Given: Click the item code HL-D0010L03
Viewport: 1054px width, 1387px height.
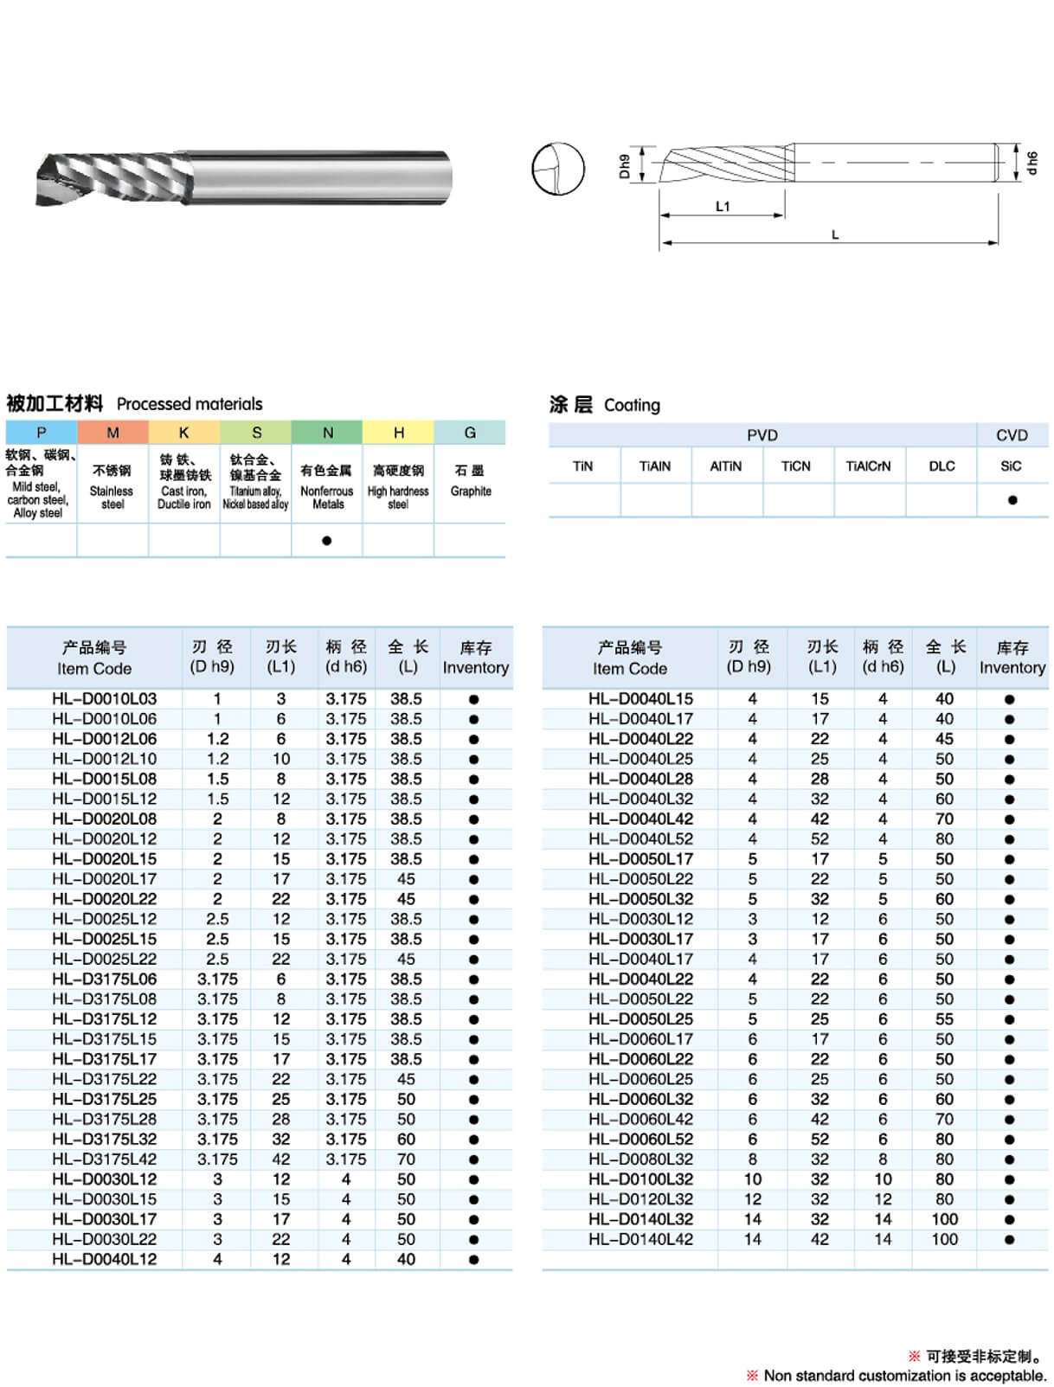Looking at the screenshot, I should click(104, 698).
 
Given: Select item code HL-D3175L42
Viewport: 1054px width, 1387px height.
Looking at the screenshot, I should click(104, 1159).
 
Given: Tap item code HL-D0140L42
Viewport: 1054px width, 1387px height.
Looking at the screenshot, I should click(640, 1239).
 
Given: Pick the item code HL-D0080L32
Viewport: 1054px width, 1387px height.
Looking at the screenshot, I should click(640, 1159).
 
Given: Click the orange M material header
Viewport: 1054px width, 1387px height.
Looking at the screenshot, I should click(112, 432).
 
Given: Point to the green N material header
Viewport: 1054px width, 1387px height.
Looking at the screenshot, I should click(327, 432).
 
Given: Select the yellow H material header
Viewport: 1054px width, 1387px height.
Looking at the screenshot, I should click(398, 432).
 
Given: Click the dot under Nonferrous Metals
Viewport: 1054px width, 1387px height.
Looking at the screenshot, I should click(326, 541).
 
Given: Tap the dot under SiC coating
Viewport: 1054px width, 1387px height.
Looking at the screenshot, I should click(1012, 500).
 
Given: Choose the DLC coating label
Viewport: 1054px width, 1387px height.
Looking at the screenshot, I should click(942, 466).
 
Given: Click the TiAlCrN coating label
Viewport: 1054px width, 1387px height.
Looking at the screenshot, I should click(868, 466).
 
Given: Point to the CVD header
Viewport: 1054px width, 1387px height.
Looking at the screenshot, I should click(1012, 435).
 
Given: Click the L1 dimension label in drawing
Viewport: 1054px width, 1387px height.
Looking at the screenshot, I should click(723, 207).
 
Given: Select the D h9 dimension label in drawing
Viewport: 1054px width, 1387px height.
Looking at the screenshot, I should click(625, 165).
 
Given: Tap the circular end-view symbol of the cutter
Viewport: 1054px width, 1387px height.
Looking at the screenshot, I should click(557, 169).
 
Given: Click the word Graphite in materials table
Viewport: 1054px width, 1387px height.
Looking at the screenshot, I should click(470, 491).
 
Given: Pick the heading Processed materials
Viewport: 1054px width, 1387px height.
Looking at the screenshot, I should click(189, 404).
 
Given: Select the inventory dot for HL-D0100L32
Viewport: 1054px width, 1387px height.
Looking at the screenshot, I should click(1009, 1179).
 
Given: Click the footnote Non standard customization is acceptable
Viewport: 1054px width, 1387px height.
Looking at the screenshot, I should click(903, 1375).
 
